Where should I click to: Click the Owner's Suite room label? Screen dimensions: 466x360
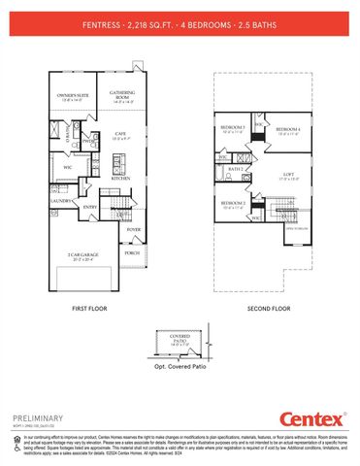(x=75, y=96)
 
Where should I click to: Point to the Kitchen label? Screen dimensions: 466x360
(x=121, y=179)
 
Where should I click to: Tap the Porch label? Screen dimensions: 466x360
(x=133, y=251)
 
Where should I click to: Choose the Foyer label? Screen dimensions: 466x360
(x=133, y=230)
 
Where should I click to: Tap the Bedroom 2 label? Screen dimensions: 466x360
(x=232, y=203)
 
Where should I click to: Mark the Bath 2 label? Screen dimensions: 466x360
(x=236, y=169)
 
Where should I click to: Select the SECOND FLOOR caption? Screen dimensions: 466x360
(x=269, y=308)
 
